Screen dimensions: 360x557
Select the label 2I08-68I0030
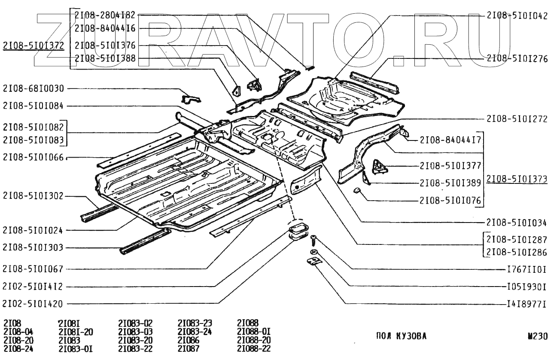pos(33,89)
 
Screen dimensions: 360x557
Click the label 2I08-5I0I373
pos(517,179)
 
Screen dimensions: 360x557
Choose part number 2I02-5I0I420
pos(33,304)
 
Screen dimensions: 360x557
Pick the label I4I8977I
pos(525,304)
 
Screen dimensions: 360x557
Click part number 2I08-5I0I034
pos(517,223)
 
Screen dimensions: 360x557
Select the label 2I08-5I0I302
pos(33,196)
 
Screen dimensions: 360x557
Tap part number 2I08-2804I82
pos(105,15)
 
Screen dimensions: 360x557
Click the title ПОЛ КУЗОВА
pos(401,336)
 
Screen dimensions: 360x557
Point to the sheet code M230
pos(537,336)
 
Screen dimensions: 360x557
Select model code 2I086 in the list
pos(189,340)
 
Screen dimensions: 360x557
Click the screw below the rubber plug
pos(314,238)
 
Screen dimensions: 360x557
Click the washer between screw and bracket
pos(314,252)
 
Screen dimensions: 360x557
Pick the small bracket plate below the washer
pos(314,261)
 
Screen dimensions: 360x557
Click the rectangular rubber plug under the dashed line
pos(296,228)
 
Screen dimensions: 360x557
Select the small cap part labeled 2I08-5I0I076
pos(356,190)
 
